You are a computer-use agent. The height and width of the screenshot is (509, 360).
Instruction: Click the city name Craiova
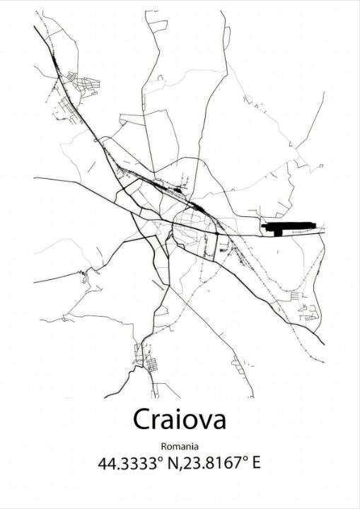point(180,420)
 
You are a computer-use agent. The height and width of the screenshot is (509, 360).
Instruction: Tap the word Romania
point(180,446)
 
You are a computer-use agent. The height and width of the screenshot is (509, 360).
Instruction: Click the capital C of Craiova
point(142,420)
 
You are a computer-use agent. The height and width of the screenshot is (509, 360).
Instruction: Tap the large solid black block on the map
point(286,227)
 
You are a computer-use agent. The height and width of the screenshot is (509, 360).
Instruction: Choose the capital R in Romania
point(164,446)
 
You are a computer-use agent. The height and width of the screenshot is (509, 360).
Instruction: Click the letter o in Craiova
point(189,422)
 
